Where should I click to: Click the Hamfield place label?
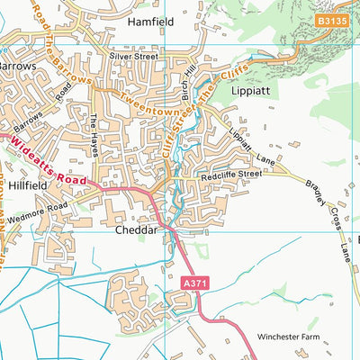150,20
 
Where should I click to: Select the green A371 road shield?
189,283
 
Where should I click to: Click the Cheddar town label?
137,230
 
